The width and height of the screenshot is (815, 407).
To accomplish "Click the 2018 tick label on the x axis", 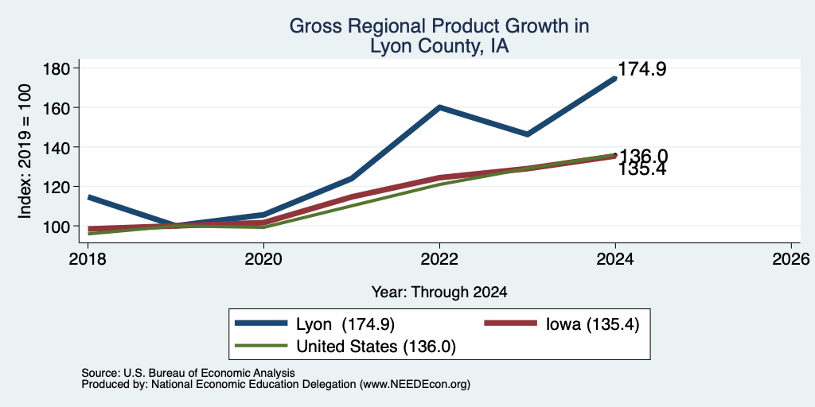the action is tap(88, 259).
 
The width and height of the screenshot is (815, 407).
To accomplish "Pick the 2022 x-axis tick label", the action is tap(439, 259).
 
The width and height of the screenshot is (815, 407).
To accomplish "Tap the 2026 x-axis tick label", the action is tap(791, 259).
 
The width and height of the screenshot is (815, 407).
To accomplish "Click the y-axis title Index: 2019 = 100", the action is tap(25, 151).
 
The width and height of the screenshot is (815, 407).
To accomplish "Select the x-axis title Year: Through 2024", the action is tap(439, 293).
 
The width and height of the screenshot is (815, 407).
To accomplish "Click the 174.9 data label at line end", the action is tap(642, 69).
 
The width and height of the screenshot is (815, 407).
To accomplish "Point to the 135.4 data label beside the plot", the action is tap(642, 170).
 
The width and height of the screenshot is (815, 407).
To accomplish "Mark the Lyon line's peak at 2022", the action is tap(439, 107).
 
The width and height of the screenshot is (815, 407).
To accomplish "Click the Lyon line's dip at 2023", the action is tap(527, 134).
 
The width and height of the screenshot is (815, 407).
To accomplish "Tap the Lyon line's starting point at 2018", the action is tap(89, 197).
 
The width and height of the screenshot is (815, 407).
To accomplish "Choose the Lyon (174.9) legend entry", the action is tap(314, 324).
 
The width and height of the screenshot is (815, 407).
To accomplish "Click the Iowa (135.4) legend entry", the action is tap(561, 324).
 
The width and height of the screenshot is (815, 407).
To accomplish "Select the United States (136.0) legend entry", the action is tap(345, 347).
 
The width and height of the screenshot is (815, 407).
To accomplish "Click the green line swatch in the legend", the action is tap(261, 345).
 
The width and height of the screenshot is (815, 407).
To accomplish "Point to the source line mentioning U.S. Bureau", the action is tap(188, 373).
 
